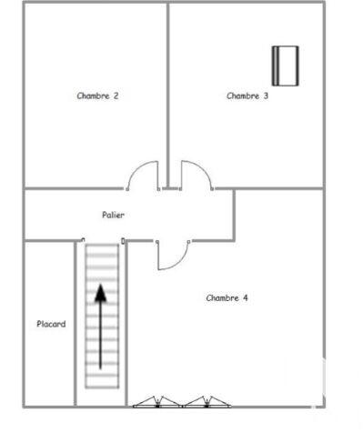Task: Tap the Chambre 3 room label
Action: pyautogui.click(x=247, y=96)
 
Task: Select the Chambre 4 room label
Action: pyautogui.click(x=227, y=297)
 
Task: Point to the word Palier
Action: pyautogui.click(x=113, y=215)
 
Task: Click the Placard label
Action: pyautogui.click(x=51, y=324)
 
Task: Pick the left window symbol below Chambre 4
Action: pyautogui.click(x=158, y=400)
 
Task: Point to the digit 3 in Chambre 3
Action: pyautogui.click(x=266, y=96)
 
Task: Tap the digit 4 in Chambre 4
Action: pyautogui.click(x=247, y=297)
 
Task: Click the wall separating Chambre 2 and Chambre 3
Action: pyautogui.click(x=167, y=91)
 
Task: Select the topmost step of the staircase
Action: pyautogui.click(x=101, y=247)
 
